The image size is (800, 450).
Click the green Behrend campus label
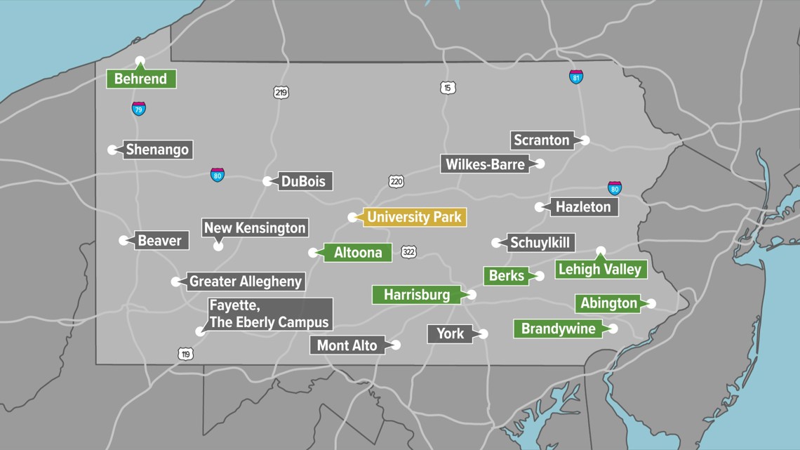coord(141,79)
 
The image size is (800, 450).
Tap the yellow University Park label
coord(414,218)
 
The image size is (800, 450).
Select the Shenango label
coord(157,150)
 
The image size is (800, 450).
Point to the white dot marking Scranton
coord(585,140)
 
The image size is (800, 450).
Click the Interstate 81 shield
coord(576,77)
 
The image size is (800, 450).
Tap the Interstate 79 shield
coord(139,109)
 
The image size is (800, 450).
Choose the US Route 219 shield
coord(281,93)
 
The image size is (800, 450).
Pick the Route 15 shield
coord(448,88)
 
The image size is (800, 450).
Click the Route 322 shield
coord(408,251)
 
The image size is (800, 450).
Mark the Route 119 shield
coord(185,355)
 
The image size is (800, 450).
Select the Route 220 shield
coord(396,182)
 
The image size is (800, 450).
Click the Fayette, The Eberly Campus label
coord(269,315)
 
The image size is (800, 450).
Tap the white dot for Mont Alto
coord(396,345)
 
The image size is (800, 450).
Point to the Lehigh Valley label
coord(600,269)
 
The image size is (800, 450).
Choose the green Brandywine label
coord(558,329)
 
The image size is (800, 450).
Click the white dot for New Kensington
coord(218,246)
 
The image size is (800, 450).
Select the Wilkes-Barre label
coord(484,164)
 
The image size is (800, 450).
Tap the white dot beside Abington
coord(651,303)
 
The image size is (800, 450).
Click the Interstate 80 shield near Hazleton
coord(615,188)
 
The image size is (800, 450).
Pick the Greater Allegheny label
coord(246,282)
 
